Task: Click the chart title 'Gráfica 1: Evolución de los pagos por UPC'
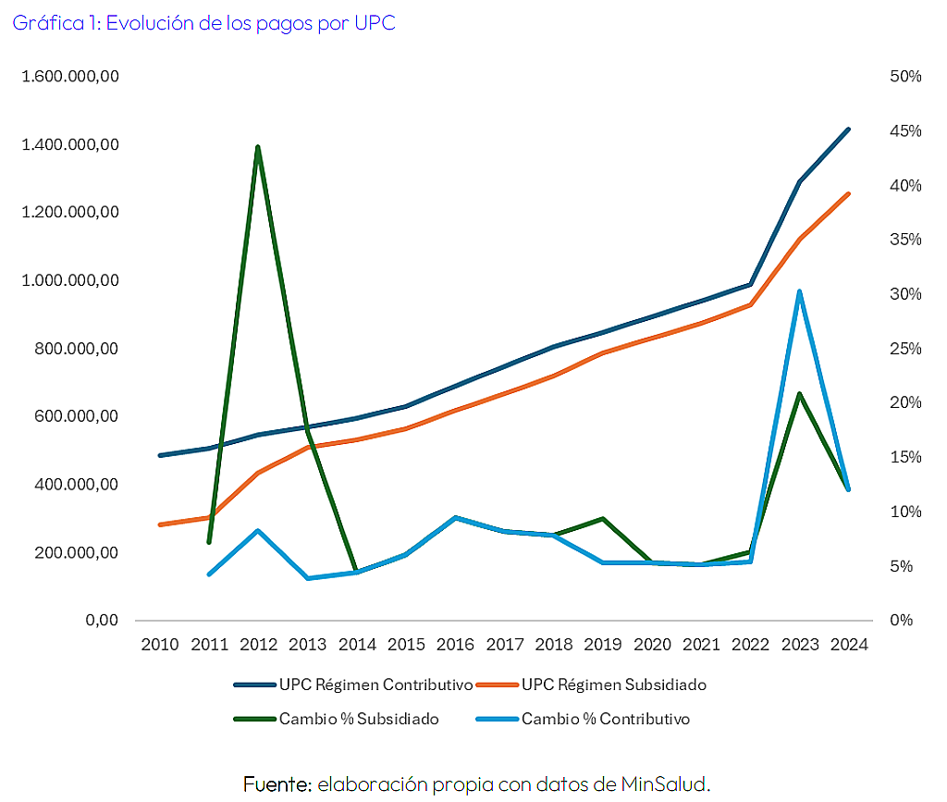tap(204, 23)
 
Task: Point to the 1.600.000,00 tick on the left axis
tap(70, 77)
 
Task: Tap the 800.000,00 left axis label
tap(76, 349)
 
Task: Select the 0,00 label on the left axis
tap(102, 620)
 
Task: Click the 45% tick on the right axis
tap(905, 131)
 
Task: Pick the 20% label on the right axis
tap(905, 402)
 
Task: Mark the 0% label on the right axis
tap(901, 620)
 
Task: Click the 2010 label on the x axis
tap(160, 645)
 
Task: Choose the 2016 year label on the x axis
tap(455, 645)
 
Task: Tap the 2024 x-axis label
tap(849, 645)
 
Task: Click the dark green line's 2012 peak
tap(258, 147)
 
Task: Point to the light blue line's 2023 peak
tap(800, 292)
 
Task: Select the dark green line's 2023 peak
tap(800, 394)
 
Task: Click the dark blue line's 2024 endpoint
tap(849, 130)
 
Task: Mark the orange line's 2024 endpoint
tap(849, 194)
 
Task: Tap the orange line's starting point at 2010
tap(160, 524)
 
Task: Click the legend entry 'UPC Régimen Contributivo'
tap(353, 685)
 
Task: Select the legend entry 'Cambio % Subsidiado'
tap(337, 720)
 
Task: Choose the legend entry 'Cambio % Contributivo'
tap(584, 720)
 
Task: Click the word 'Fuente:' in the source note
tap(277, 784)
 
